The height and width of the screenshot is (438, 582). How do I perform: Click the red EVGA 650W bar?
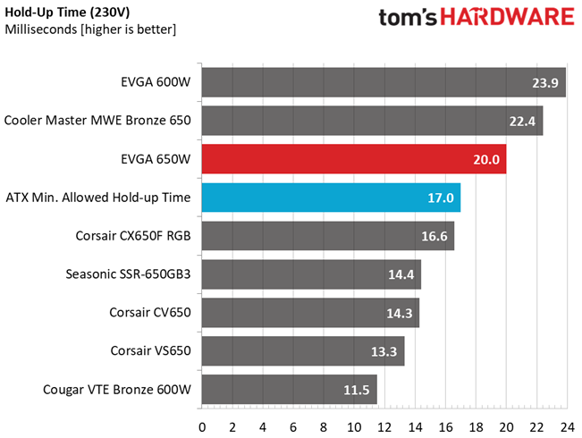click(x=354, y=159)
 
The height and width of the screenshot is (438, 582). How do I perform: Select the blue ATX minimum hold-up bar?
click(x=331, y=198)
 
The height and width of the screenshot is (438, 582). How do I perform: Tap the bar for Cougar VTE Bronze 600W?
click(x=290, y=390)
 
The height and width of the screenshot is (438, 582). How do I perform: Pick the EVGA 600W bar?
click(x=384, y=82)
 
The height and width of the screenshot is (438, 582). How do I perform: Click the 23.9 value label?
click(x=544, y=83)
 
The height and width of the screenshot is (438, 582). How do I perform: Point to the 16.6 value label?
click(x=434, y=236)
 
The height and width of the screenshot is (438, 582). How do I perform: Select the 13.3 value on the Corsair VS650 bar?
click(x=384, y=351)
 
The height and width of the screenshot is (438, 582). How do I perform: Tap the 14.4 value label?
click(x=401, y=274)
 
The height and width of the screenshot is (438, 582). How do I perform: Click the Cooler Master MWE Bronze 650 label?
click(x=97, y=121)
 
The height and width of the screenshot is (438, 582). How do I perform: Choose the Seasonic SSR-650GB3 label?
click(x=128, y=274)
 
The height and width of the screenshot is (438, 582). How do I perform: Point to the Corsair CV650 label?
click(x=150, y=312)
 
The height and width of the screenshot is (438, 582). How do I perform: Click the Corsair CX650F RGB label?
click(x=133, y=236)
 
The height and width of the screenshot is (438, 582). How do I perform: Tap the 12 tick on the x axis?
click(x=384, y=427)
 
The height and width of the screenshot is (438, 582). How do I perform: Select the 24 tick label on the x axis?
click(x=567, y=427)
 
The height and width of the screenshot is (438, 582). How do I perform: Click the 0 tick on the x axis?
click(x=202, y=427)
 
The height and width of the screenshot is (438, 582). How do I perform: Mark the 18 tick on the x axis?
click(x=476, y=427)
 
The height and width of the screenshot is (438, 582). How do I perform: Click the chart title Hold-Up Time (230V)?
click(x=67, y=13)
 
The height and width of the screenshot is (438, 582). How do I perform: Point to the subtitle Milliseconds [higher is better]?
click(x=90, y=29)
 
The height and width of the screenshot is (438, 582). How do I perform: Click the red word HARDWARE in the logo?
click(x=508, y=17)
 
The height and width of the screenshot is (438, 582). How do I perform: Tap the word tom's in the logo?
click(x=408, y=18)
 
